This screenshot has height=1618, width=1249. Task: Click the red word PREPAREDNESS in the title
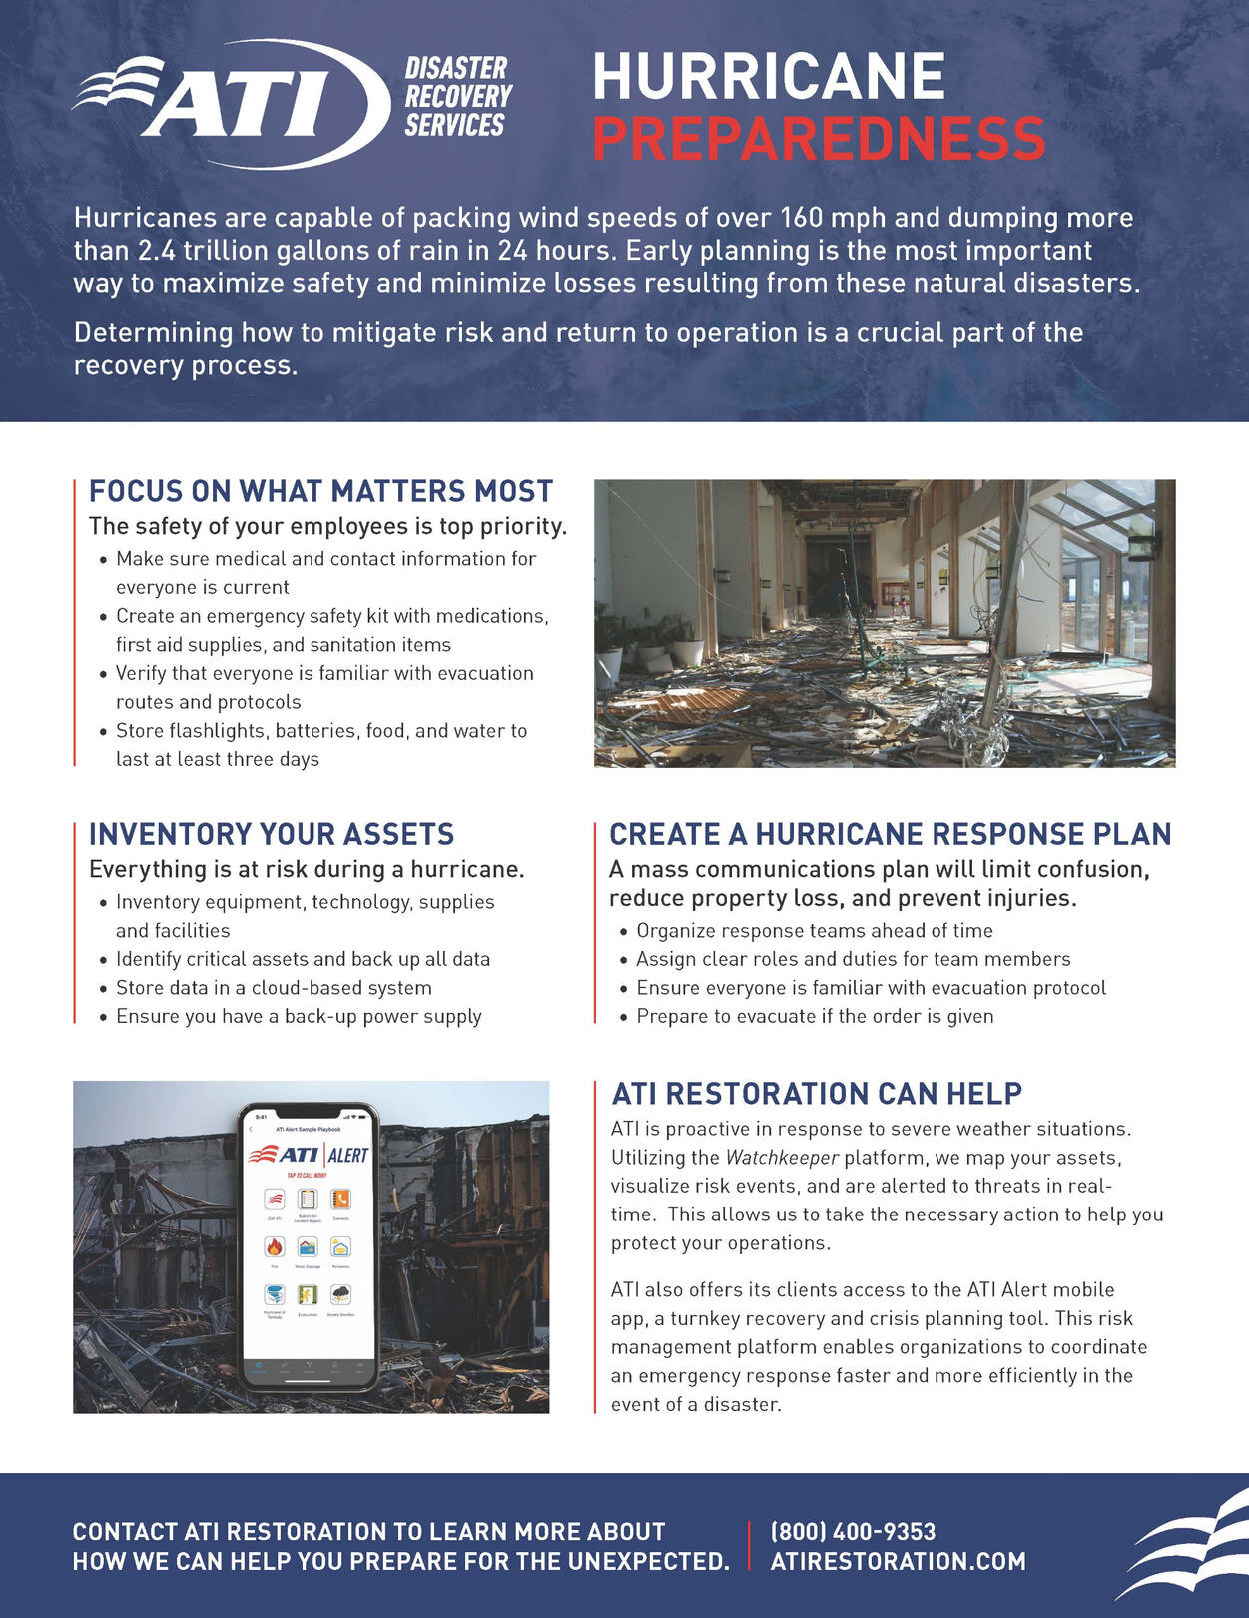(x=818, y=139)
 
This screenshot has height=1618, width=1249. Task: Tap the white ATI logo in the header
(x=232, y=103)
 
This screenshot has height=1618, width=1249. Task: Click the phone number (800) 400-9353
(x=853, y=1531)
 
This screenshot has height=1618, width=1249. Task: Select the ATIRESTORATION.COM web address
(x=898, y=1561)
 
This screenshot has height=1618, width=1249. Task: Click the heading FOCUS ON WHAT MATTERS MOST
(x=320, y=491)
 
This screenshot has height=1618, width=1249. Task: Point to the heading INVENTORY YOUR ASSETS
(x=272, y=834)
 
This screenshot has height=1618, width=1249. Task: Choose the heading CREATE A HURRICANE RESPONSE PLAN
(x=890, y=834)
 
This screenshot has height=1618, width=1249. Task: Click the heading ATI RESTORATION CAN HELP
(x=817, y=1094)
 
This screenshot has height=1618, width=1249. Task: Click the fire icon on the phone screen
(x=275, y=1246)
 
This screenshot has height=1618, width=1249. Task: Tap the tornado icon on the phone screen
(x=275, y=1295)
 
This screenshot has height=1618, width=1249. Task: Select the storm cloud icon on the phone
(x=340, y=1295)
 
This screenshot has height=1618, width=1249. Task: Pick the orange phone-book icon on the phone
(x=340, y=1199)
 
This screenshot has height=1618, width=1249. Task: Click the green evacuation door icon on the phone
(x=308, y=1295)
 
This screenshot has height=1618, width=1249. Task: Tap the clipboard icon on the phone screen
(x=308, y=1199)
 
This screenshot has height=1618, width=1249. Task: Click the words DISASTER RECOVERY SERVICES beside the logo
(x=457, y=97)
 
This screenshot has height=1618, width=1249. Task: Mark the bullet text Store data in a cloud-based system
(x=274, y=988)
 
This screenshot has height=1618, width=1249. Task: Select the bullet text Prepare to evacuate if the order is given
(x=815, y=1016)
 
